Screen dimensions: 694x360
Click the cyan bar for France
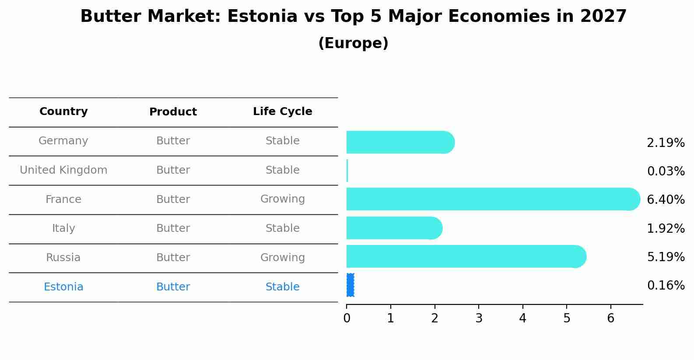(x=493, y=199)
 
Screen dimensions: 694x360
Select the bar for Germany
(x=400, y=142)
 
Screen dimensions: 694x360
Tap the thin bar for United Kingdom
(x=347, y=171)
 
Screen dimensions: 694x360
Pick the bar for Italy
(x=394, y=228)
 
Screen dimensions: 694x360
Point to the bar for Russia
(x=466, y=256)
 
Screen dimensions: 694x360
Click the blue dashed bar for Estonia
(x=350, y=285)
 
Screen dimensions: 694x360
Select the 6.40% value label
(x=666, y=199)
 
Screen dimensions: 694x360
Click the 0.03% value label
(x=666, y=171)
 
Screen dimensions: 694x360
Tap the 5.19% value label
(x=666, y=257)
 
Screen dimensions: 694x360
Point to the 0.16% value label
(x=666, y=285)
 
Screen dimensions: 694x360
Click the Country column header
(x=63, y=111)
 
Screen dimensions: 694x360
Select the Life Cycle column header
(x=283, y=111)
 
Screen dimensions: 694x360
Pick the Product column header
(x=173, y=112)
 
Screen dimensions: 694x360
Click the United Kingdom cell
(x=63, y=170)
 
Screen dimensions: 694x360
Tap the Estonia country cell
(x=63, y=287)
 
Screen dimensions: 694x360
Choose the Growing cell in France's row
(x=283, y=199)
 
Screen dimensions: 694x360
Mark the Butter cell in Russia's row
(x=173, y=257)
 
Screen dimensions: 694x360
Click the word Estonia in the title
(x=263, y=16)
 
